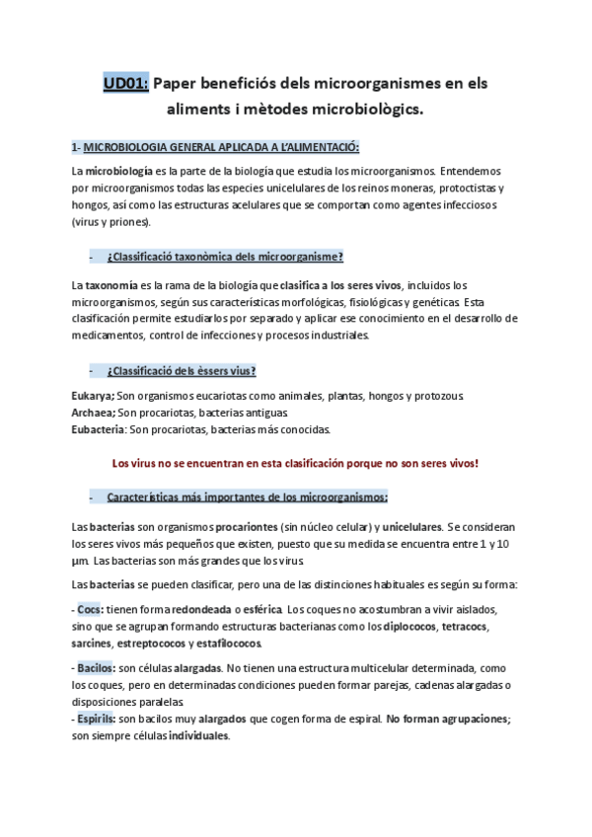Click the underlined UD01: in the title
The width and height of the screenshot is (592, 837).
click(125, 84)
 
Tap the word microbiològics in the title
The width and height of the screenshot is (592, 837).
click(365, 110)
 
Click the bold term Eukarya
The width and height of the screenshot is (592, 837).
click(94, 396)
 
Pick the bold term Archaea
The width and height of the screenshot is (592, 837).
click(94, 413)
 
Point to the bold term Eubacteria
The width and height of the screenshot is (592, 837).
click(99, 429)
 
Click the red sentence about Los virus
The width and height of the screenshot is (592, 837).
click(295, 463)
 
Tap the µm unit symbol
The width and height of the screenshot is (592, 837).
click(79, 561)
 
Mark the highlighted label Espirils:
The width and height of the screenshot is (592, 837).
click(97, 719)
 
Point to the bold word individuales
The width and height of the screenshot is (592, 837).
click(199, 735)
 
